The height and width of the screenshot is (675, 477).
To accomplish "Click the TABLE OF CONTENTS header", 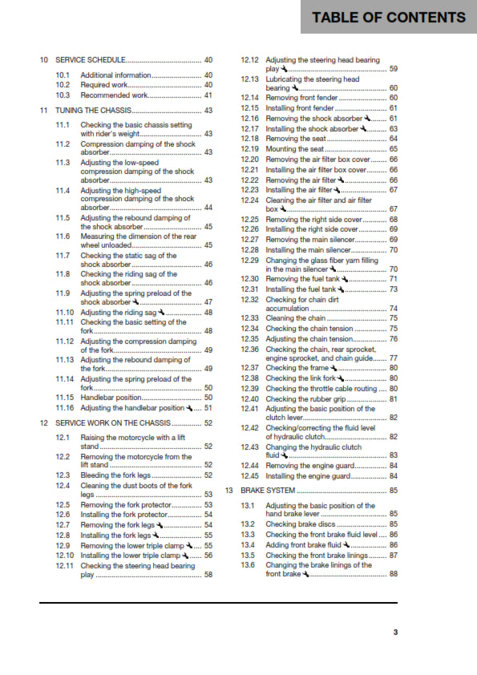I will (x=389, y=18).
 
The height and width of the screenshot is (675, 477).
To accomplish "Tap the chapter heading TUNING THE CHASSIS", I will (x=94, y=110).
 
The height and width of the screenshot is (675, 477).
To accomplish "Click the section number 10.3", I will (x=63, y=95).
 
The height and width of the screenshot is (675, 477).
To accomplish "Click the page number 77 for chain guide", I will (x=393, y=358).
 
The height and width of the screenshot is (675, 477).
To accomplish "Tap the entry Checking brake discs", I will (x=301, y=523).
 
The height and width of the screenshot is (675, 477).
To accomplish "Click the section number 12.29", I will (x=250, y=260).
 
